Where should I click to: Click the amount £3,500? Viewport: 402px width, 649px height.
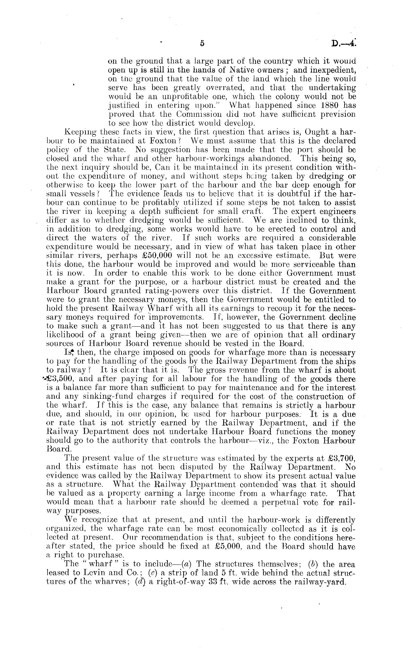tap(61, 379)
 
